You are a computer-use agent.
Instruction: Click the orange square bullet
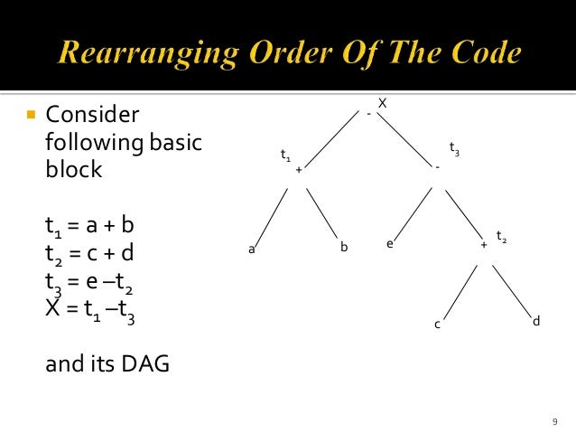click(30, 116)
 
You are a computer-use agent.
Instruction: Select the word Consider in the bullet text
click(92, 116)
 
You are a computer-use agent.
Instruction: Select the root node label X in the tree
click(382, 104)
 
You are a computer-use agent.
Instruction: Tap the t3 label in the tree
click(454, 150)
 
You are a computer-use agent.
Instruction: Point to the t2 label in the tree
click(501, 239)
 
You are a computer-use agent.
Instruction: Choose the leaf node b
click(344, 246)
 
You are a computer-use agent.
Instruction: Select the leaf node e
click(390, 243)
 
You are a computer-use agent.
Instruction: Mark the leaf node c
click(437, 325)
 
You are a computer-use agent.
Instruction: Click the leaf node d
click(536, 321)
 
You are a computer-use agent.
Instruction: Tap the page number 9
click(554, 421)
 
